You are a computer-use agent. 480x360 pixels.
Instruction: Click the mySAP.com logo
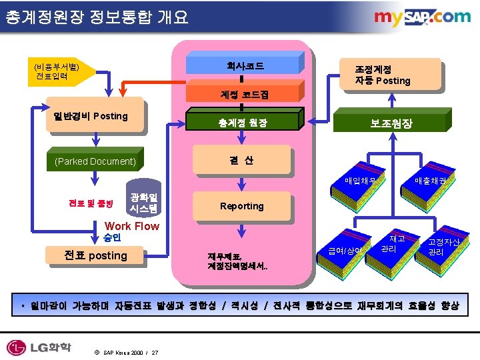click(421, 18)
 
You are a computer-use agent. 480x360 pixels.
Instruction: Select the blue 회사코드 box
click(245, 66)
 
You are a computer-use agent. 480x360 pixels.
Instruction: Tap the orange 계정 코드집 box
click(245, 95)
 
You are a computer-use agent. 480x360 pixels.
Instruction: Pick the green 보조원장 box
click(391, 123)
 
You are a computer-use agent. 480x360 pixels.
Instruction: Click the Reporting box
click(241, 206)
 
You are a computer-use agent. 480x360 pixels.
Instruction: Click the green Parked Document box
click(95, 161)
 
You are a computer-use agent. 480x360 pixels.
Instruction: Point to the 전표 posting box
click(95, 255)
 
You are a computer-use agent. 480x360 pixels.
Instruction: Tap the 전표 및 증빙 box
click(91, 202)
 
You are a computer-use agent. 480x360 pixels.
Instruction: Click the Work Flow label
click(131, 226)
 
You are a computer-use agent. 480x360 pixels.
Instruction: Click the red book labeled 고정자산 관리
click(444, 247)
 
